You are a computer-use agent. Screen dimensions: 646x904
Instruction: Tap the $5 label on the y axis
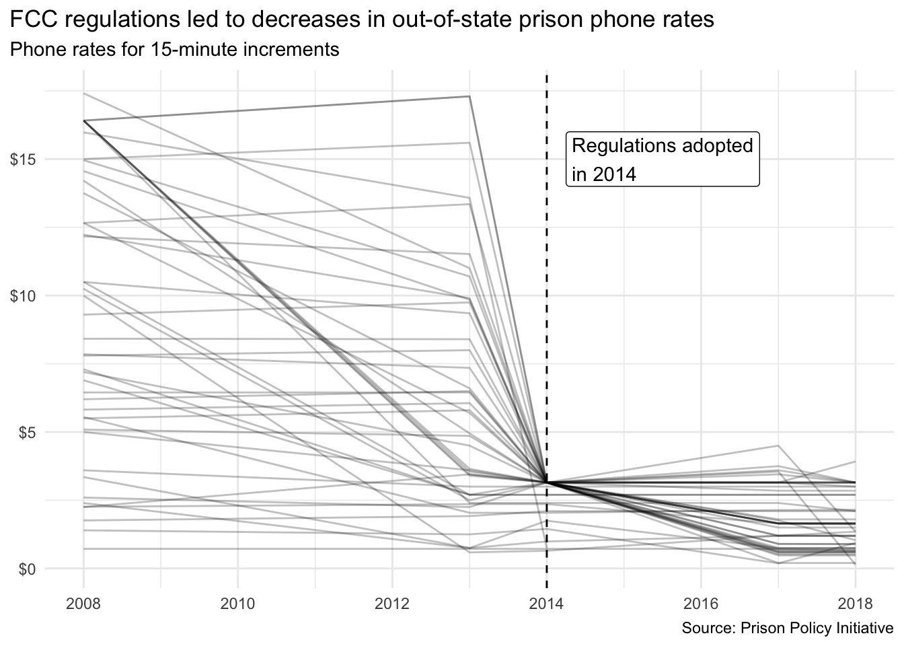tap(27, 432)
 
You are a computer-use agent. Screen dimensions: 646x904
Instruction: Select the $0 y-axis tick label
tap(27, 569)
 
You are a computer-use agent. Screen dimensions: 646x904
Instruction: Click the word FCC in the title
tap(30, 20)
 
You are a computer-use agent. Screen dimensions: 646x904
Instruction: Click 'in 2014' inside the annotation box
tap(603, 174)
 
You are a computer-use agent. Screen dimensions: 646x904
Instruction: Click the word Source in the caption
tap(708, 629)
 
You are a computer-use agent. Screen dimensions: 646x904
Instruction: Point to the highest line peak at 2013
tap(469, 96)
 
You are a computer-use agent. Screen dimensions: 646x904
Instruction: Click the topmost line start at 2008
tap(83, 93)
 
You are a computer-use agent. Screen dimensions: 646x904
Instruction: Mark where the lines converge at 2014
tap(546, 482)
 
